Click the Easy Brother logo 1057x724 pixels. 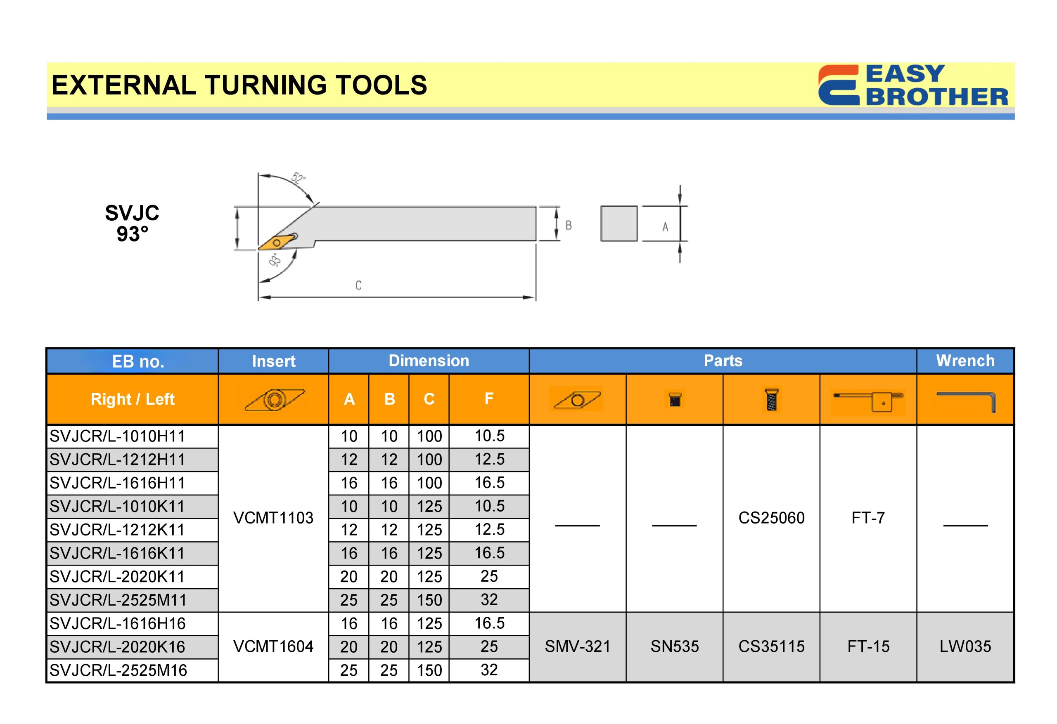coord(913,85)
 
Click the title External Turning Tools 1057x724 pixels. coord(239,85)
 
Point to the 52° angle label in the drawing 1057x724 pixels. coord(299,178)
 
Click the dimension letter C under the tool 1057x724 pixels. coord(358,285)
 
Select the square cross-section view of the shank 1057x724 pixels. coord(619,224)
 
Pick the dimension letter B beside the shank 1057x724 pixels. coord(569,225)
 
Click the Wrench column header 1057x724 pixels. coord(965,361)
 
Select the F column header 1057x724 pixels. coord(489,399)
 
